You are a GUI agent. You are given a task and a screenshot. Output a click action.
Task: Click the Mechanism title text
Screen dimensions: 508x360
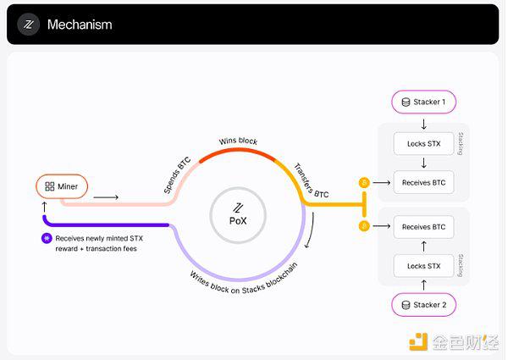coord(80,25)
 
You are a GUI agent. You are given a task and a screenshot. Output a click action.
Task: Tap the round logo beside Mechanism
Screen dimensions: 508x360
coord(29,25)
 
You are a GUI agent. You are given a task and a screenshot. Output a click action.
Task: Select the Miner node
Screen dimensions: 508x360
coord(62,186)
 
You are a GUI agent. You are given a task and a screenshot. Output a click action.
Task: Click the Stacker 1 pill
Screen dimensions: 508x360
coord(424,102)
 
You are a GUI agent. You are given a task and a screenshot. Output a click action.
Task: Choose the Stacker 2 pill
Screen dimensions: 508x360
coord(424,305)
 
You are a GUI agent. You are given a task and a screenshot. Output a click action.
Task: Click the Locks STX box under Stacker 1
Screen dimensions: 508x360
coord(424,143)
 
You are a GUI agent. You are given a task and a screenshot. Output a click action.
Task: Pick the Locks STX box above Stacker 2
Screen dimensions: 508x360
coord(424,266)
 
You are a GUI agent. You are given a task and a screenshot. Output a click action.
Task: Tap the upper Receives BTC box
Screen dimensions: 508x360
coord(424,182)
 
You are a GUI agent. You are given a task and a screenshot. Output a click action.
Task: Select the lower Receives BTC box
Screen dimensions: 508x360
coord(424,227)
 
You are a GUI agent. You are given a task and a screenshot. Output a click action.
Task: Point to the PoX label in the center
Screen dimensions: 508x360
coord(238,221)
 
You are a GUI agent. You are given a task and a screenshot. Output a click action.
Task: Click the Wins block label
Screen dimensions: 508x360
coord(238,141)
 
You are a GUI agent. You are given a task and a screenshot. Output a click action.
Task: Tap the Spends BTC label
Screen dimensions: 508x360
coord(177,175)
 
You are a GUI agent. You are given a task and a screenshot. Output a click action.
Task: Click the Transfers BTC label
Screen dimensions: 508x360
coord(311,180)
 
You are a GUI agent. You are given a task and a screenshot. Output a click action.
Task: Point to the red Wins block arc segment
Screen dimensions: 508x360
coord(237,150)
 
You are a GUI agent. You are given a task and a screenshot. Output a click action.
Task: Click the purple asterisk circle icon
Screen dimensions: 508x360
coord(47,239)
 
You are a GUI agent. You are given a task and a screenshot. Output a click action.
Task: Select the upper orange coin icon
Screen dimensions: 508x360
coord(364,182)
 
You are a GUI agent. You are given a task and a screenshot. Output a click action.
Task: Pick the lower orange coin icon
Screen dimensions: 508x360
coord(364,226)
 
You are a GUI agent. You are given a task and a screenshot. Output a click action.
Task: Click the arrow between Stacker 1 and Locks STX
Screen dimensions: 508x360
coord(424,124)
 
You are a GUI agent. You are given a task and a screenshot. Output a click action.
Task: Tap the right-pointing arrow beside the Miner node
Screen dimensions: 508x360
coord(106,197)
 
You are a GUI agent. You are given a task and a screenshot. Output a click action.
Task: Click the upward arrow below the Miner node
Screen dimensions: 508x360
coord(45,207)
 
